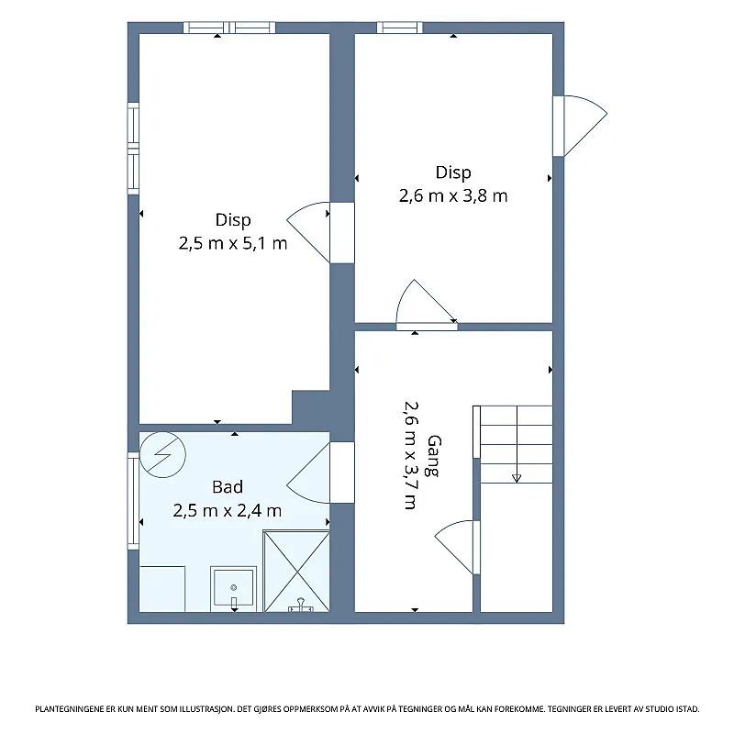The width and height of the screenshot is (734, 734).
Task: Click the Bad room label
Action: coord(228,487)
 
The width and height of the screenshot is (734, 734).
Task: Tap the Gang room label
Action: coord(434,456)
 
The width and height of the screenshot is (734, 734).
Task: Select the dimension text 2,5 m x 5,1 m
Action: coord(233,243)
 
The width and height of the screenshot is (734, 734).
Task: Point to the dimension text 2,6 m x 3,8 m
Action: coord(453,195)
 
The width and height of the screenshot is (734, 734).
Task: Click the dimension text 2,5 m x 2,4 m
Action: coord(228,510)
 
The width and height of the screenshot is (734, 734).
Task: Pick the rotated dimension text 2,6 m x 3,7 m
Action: coord(411,455)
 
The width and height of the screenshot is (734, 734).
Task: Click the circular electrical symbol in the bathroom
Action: coord(162,454)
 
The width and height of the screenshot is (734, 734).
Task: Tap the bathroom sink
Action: coord(234,589)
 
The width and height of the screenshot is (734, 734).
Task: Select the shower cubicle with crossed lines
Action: coord(296,571)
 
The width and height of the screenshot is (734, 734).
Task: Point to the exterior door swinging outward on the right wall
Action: coord(581,126)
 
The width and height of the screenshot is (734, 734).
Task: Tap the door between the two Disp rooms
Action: coord(309,232)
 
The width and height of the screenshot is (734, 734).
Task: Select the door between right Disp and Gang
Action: coord(427,305)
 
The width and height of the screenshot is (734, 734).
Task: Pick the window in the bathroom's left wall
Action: coord(133,500)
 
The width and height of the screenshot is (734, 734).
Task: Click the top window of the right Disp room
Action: coord(400,28)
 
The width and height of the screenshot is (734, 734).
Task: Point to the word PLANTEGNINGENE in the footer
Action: coord(71,709)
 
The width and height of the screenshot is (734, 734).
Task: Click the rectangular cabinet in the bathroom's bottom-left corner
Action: coord(162,589)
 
